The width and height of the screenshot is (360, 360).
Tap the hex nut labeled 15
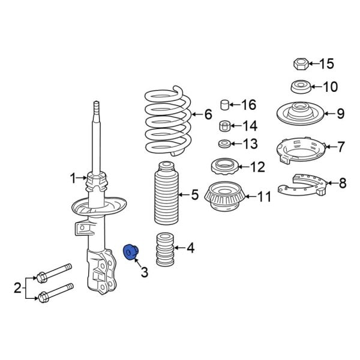301,64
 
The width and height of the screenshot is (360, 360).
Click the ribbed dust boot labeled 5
164,193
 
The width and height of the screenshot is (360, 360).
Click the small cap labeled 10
300,86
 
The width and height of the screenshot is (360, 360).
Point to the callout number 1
74,178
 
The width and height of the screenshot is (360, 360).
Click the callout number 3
144,273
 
